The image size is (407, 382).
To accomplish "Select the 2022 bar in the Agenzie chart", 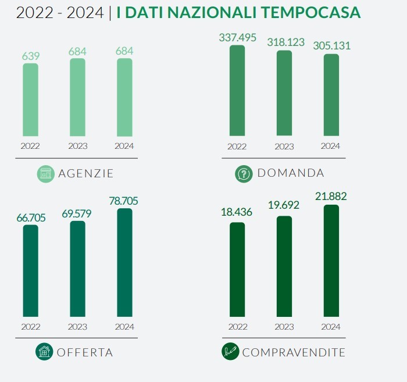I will pyautogui.click(x=31, y=99).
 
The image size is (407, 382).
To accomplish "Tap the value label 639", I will pyautogui.click(x=31, y=56).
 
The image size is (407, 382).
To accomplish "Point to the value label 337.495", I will pyautogui.click(x=237, y=38).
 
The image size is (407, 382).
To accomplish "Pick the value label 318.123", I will pyautogui.click(x=284, y=42).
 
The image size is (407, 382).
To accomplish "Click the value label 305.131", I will pyautogui.click(x=331, y=47).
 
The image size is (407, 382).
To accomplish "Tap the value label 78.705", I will pyautogui.click(x=124, y=201).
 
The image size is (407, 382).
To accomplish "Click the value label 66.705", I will pyautogui.click(x=31, y=217).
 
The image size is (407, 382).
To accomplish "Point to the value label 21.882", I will pyautogui.click(x=331, y=197).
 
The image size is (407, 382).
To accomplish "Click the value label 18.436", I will pyautogui.click(x=237, y=213).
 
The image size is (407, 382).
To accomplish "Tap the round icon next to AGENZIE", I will pyautogui.click(x=45, y=173).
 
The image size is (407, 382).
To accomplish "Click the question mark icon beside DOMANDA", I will pyautogui.click(x=243, y=173).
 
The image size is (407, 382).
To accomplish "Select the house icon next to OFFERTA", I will pyautogui.click(x=44, y=352).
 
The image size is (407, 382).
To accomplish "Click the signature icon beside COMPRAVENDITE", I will pyautogui.click(x=230, y=352).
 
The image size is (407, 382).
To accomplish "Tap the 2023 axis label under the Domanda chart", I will pyautogui.click(x=284, y=147).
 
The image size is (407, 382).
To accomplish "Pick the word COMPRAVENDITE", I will pyautogui.click(x=294, y=352).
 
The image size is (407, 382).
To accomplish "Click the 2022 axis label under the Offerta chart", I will pyautogui.click(x=31, y=327).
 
